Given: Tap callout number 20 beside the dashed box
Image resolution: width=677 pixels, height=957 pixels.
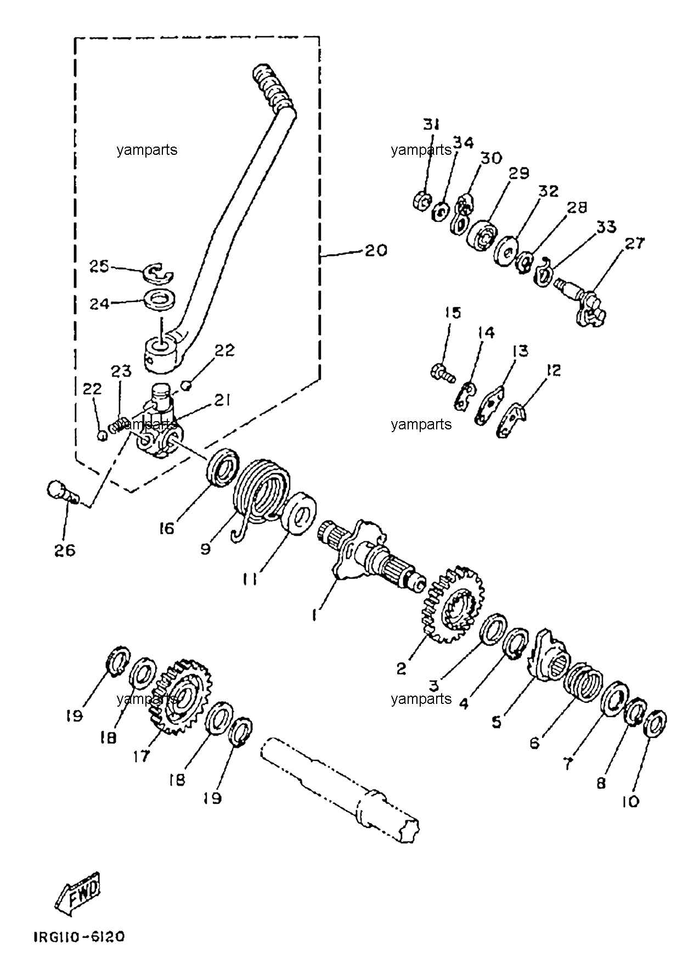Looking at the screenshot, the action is coord(376,250).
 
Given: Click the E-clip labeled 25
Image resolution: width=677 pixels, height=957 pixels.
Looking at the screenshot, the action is coord(157,272).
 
